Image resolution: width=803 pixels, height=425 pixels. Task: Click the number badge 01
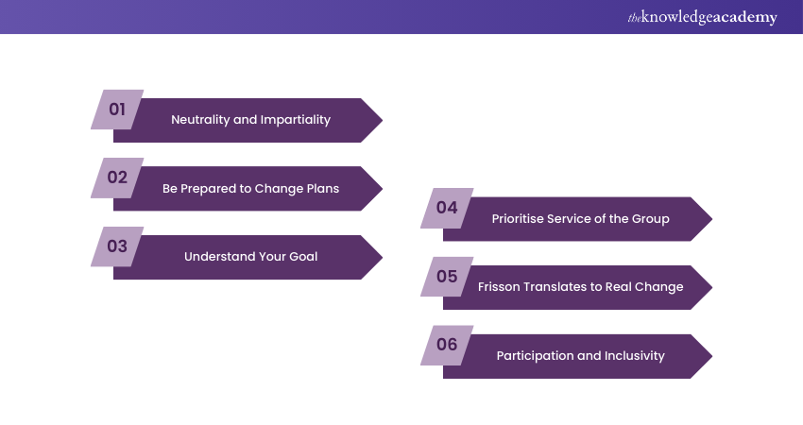tap(117, 110)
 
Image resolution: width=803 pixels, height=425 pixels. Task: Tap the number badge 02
tap(117, 178)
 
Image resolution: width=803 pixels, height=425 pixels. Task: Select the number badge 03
tap(117, 246)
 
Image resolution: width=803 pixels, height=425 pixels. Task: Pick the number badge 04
tap(447, 208)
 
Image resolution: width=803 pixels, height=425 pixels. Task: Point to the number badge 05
tap(447, 277)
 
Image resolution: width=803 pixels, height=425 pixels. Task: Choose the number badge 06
tap(447, 345)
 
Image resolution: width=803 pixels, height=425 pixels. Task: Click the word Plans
tap(323, 189)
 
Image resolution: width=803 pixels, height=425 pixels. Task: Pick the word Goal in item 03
tap(303, 257)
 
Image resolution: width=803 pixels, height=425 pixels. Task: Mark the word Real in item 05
tap(618, 287)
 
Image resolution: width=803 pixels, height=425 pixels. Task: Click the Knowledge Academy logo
tap(703, 17)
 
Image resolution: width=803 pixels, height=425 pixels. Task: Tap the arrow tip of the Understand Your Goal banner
tap(382, 257)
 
